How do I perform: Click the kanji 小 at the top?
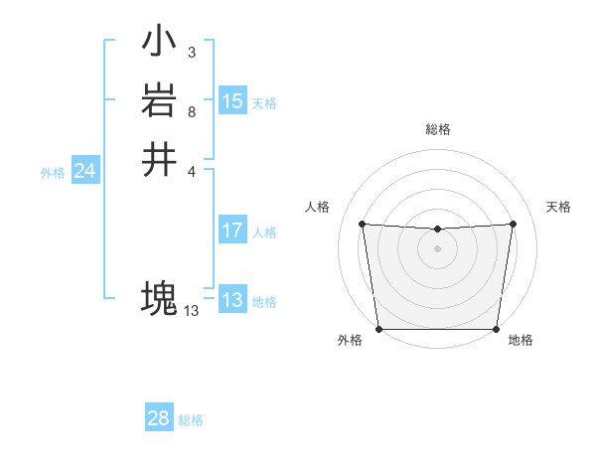pos(159,42)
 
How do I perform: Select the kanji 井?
pos(159,159)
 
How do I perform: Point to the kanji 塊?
pos(159,297)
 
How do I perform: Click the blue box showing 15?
pos(231,101)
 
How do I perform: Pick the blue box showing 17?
pos(231,232)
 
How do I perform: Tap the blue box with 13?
pos(231,301)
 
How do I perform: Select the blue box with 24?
pos(84,172)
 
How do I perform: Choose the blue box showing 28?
pos(158,418)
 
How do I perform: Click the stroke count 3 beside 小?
pos(191,53)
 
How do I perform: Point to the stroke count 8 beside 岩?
pos(191,111)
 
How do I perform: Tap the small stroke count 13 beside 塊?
pos(191,311)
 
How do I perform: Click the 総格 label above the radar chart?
pos(437,129)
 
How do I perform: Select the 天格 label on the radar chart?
pos(558,207)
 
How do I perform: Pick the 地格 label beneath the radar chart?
pos(521,341)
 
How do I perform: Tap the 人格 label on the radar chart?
pos(317,207)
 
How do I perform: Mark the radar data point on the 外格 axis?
pos(378,329)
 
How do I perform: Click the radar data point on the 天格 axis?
pos(513,224)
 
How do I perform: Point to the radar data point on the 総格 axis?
pos(437,230)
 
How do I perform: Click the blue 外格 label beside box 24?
pos(53,173)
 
